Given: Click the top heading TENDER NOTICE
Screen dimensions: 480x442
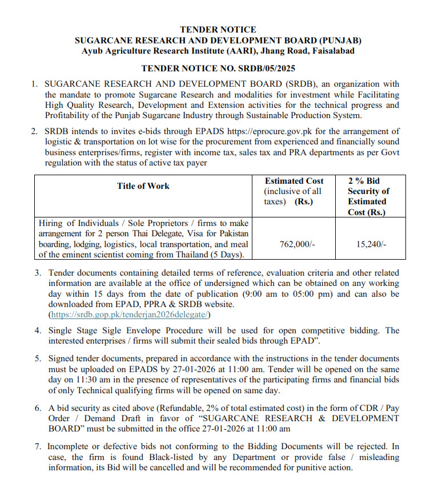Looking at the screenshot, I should (218, 30).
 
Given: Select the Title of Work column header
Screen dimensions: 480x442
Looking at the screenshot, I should (143, 185).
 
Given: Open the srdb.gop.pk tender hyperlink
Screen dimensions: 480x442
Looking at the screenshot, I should (130, 314).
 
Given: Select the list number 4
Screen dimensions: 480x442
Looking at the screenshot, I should (38, 330).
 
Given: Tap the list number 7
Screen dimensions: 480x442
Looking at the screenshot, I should (38, 447).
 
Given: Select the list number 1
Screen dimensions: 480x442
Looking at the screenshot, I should (35, 84).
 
